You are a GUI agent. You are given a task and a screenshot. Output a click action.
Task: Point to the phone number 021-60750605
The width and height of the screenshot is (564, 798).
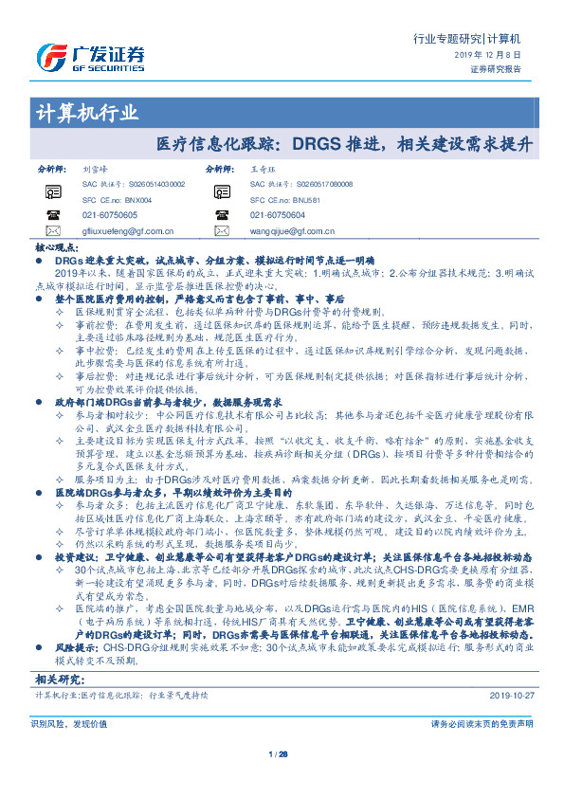110,215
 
